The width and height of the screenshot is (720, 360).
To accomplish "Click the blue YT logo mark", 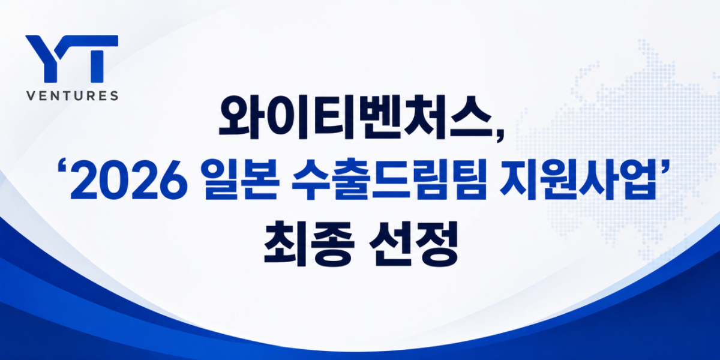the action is tap(71, 59).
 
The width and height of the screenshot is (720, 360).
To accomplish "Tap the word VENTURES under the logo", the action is tap(73, 96).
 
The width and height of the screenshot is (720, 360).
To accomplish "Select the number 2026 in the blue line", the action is tap(129, 182).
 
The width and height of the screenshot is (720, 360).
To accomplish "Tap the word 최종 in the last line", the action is tap(309, 244).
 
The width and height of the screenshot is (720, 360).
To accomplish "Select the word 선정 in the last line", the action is tap(413, 244).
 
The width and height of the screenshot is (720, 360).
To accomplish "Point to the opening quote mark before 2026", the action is tap(61, 168).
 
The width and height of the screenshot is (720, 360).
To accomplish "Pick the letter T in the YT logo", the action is tap(97, 59).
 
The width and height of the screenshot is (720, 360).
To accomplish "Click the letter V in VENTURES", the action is tap(31, 96).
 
